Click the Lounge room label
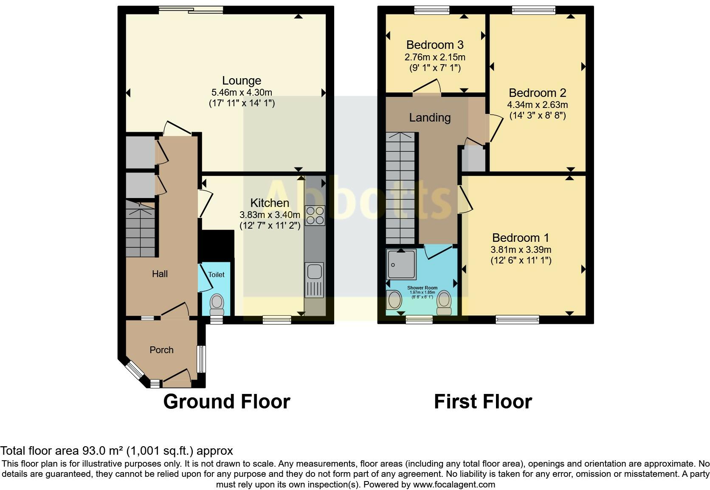[x=242, y=81]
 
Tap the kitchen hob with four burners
[x=315, y=215]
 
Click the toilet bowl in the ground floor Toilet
[x=217, y=303]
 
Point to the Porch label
[x=161, y=350]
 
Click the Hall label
[x=160, y=274]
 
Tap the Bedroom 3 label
[x=434, y=45]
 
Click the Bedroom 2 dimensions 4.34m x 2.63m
[x=537, y=105]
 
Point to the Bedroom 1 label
[x=521, y=238]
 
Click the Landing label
[x=430, y=118]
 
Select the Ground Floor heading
[x=226, y=402]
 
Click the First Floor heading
[x=482, y=402]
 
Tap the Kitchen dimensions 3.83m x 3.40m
[x=270, y=215]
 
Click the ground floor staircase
[x=140, y=229]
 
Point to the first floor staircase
[x=400, y=187]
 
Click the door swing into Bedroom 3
[x=427, y=87]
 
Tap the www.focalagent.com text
[x=454, y=484]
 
